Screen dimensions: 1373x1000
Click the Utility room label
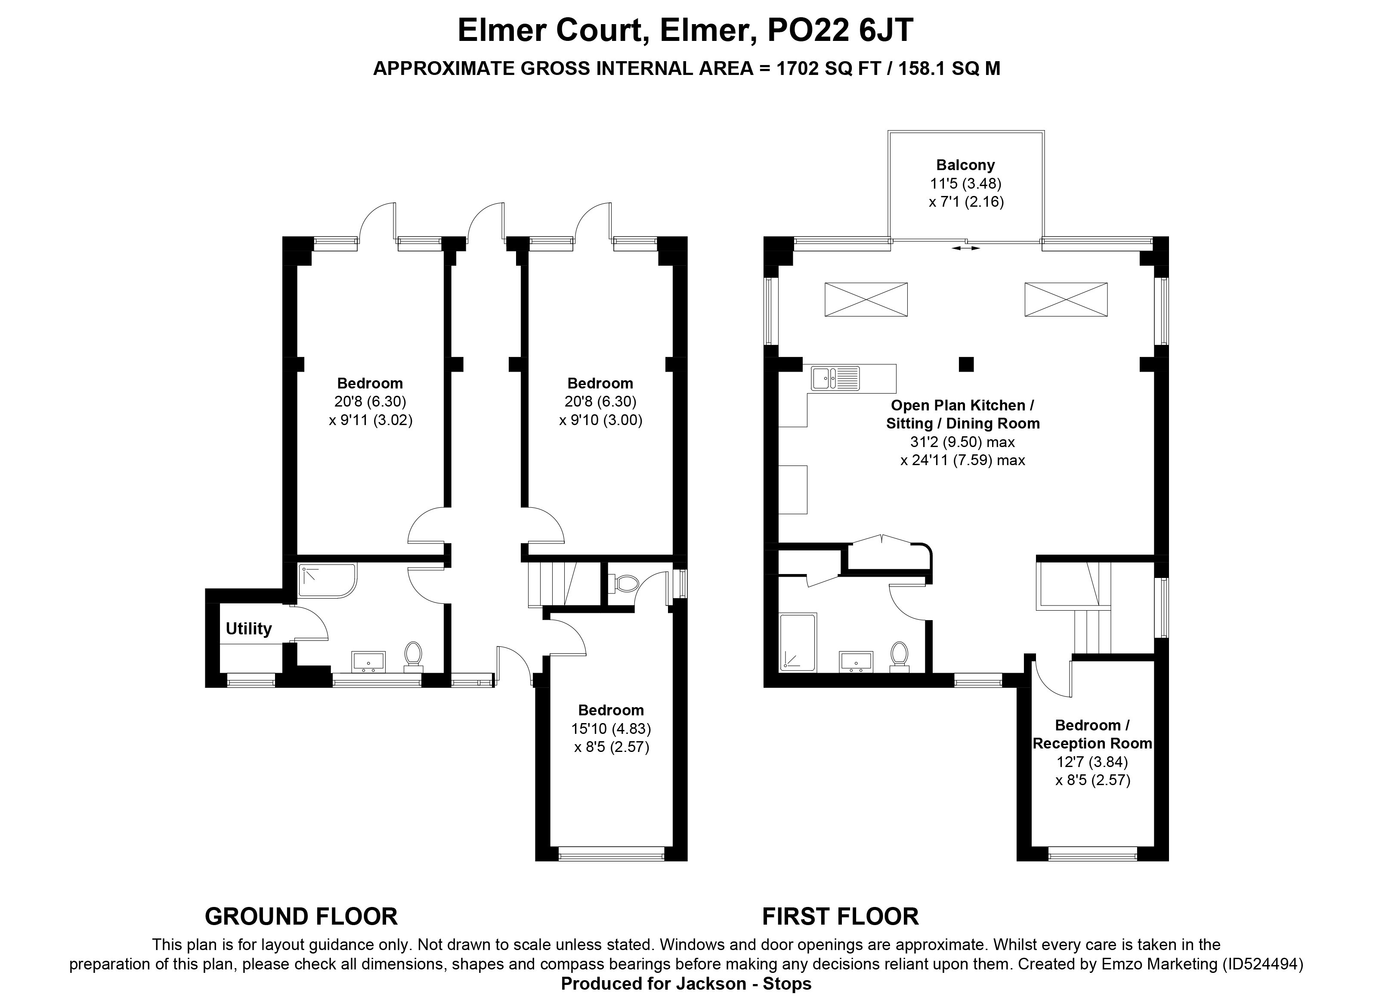pyautogui.click(x=248, y=629)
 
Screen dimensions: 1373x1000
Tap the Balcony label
pyautogui.click(x=965, y=165)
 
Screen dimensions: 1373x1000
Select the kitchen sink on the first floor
pyautogui.click(x=835, y=378)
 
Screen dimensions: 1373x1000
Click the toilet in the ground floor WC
pyautogui.click(x=624, y=584)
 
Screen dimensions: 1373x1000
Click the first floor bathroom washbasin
pyautogui.click(x=856, y=661)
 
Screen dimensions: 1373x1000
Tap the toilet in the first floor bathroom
pyautogui.click(x=899, y=657)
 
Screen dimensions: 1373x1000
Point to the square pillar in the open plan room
pyautogui.click(x=966, y=364)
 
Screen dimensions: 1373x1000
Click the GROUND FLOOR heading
pyautogui.click(x=301, y=916)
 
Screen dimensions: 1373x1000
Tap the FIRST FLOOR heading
pyautogui.click(x=840, y=916)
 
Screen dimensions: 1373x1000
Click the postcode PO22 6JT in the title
pyautogui.click(x=840, y=30)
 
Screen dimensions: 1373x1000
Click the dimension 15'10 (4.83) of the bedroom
pyautogui.click(x=612, y=728)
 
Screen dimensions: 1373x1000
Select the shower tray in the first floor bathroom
pyautogui.click(x=798, y=642)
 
